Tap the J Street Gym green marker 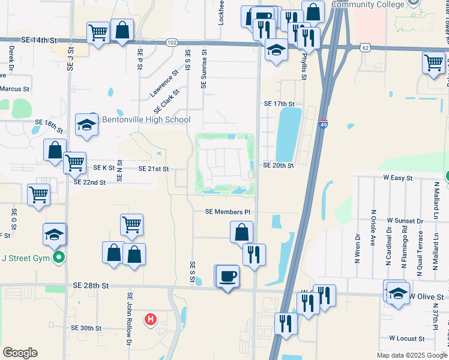click(x=58, y=258)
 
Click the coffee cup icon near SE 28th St click(x=228, y=277)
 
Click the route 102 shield click(x=172, y=42)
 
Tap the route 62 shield click(x=366, y=47)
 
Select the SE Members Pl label click(x=227, y=212)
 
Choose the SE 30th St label click(x=86, y=328)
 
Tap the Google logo click(x=20, y=353)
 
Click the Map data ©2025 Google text click(x=411, y=355)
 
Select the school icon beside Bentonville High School click(x=86, y=125)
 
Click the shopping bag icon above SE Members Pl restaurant click(x=241, y=232)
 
